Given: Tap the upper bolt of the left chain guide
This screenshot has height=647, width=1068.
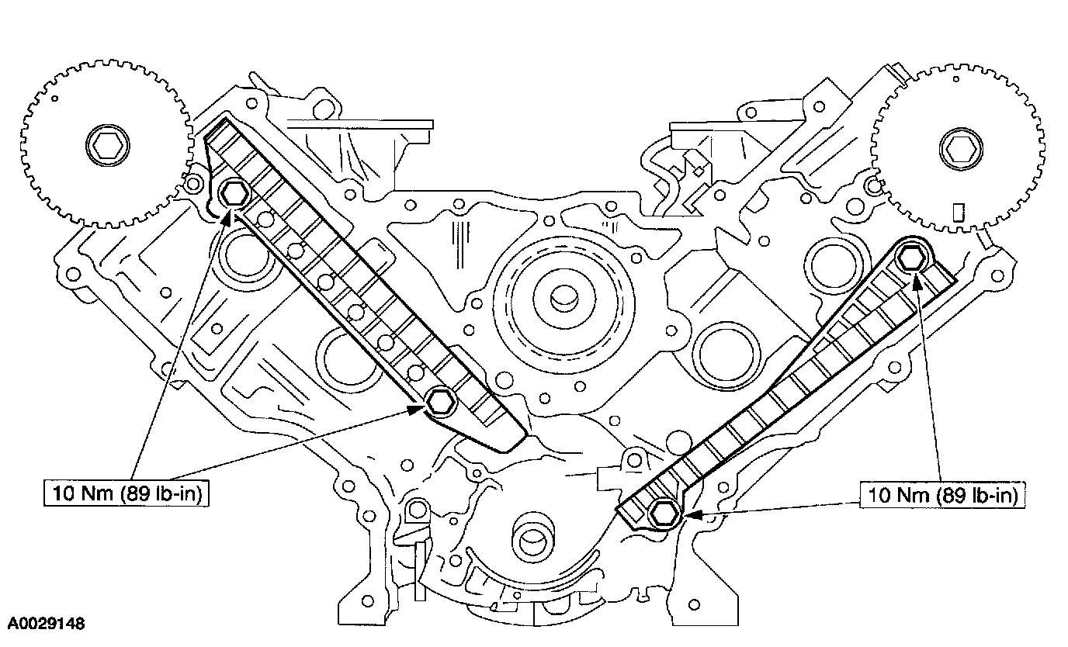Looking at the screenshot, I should coord(234,194).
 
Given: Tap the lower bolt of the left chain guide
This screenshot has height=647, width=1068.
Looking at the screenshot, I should coord(439,401).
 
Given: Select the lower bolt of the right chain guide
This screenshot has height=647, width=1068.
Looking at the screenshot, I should coord(664,512).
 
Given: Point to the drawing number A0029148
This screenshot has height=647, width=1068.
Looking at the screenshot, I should coord(47,623).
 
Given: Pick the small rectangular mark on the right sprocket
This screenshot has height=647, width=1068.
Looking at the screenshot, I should coord(957,212).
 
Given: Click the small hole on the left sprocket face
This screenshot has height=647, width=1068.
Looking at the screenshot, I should coord(56,99).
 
